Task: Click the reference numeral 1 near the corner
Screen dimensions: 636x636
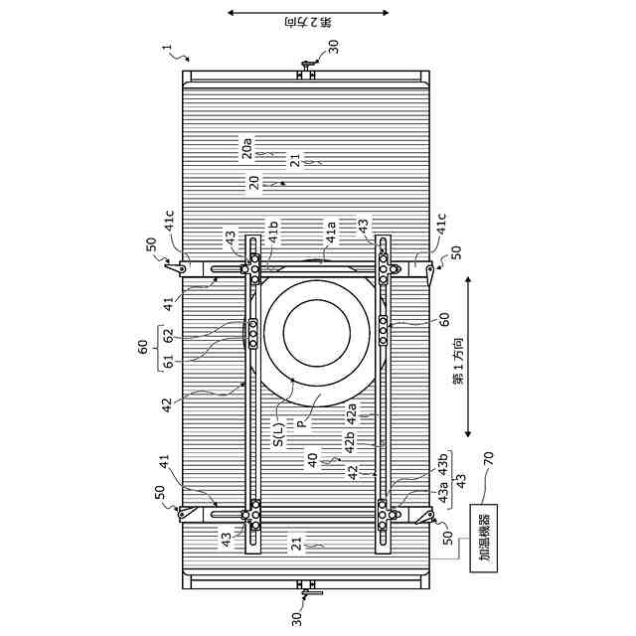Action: pos(168,48)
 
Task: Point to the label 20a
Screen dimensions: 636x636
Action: pos(247,148)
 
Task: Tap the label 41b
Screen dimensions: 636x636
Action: pos(273,232)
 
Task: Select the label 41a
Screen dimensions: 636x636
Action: pos(331,233)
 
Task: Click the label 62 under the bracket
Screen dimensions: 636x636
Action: pos(168,336)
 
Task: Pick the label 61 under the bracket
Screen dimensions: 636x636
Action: pos(168,361)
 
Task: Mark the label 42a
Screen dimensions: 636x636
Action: pos(351,413)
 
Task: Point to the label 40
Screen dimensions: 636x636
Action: pos(313,460)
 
